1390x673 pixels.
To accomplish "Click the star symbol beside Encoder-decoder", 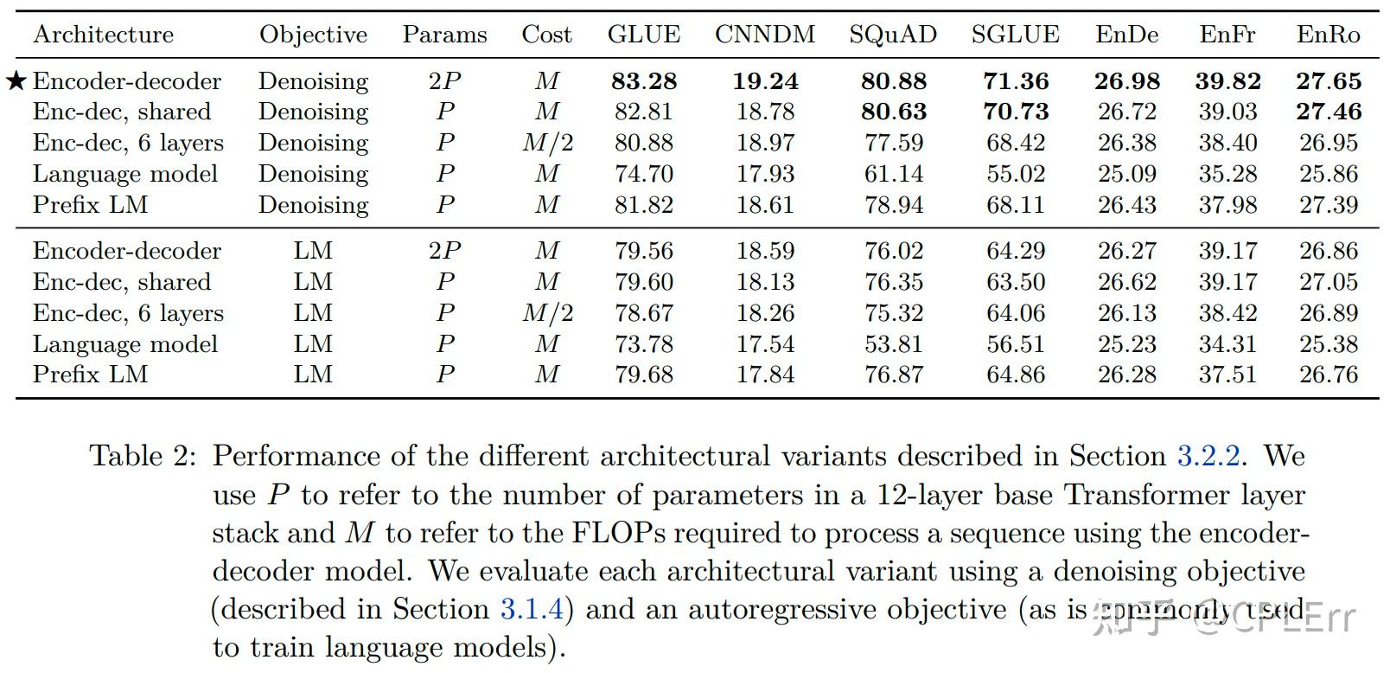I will [16, 81].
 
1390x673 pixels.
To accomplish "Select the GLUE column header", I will [643, 35].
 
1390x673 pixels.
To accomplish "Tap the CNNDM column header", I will [765, 35].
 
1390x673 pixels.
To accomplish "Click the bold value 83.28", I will [643, 81].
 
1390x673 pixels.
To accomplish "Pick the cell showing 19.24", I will [765, 81].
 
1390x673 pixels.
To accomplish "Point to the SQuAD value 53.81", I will [893, 344].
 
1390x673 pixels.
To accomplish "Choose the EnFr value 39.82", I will [1227, 81].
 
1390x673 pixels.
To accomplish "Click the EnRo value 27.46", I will [1329, 112].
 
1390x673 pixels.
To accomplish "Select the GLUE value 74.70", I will [643, 174].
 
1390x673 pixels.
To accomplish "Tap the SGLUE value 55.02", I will [1016, 174].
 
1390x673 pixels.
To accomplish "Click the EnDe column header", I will [1126, 35].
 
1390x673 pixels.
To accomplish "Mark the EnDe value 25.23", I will [1126, 344].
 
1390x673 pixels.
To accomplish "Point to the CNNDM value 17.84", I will [765, 375].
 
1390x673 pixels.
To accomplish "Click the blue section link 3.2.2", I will [1208, 456].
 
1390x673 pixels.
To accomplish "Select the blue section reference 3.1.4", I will [532, 609].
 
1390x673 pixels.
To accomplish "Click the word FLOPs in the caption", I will [619, 533].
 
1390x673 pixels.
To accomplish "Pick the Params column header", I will [444, 35].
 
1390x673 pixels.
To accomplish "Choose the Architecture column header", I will [103, 35].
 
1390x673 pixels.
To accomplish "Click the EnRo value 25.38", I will [1329, 344].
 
